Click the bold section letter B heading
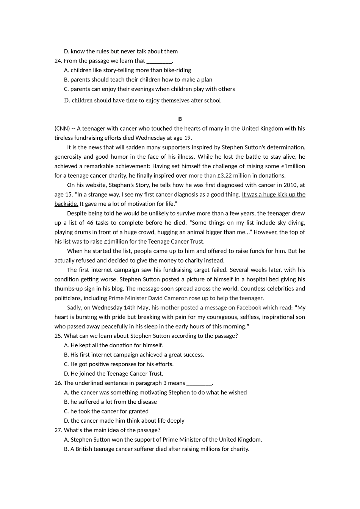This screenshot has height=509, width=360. click(180, 119)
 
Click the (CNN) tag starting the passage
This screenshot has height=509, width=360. click(62, 128)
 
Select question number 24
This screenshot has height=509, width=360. click(58, 61)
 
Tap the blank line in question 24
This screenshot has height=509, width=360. click(159, 61)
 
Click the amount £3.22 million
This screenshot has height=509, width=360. click(234, 175)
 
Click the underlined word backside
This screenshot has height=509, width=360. click(66, 204)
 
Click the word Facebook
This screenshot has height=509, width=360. click(249, 308)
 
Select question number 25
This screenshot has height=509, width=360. click(58, 336)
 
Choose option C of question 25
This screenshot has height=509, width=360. click(119, 364)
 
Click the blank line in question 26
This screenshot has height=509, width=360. click(199, 383)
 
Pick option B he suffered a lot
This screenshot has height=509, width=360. click(110, 402)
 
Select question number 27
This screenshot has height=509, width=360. click(58, 430)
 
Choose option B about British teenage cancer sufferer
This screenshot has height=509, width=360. click(157, 449)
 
